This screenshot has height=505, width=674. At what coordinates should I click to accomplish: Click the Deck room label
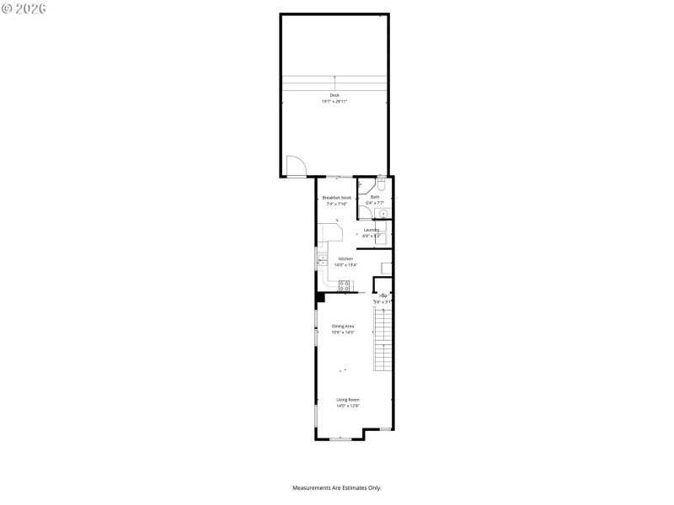[334, 95]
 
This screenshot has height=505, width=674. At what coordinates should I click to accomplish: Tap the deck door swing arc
[296, 166]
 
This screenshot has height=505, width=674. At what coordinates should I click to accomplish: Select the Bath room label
[375, 197]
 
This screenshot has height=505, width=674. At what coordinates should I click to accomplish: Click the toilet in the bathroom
[381, 183]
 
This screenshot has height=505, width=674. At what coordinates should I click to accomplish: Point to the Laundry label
[372, 229]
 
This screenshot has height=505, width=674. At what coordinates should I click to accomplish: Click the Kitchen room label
[345, 258]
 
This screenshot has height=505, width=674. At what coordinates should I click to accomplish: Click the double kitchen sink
[322, 261]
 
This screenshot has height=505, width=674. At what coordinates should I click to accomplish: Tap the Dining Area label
[342, 326]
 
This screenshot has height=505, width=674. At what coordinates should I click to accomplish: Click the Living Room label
[348, 400]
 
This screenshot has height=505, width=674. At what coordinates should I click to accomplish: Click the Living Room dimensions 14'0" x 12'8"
[348, 407]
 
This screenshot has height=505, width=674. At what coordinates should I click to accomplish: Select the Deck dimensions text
[334, 102]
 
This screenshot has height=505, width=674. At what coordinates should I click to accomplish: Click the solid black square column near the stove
[320, 296]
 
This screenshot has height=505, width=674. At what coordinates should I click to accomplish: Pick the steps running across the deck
[334, 82]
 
